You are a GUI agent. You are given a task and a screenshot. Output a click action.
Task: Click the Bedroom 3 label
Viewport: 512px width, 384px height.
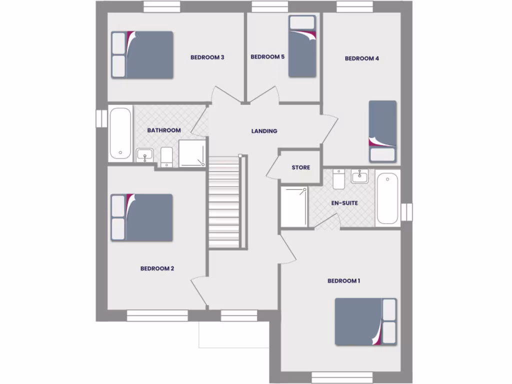207,57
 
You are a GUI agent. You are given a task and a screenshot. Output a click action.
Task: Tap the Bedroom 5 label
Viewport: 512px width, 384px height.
267,57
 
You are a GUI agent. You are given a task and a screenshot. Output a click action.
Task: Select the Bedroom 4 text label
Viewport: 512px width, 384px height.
362,58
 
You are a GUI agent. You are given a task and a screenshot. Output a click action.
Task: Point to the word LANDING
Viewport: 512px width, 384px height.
264,131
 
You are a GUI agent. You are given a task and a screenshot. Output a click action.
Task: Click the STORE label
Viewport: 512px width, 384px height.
300,167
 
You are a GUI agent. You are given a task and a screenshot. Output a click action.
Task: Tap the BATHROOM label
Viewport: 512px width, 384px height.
164,130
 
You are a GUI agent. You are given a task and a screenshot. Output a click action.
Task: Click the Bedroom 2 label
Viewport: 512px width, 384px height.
157,268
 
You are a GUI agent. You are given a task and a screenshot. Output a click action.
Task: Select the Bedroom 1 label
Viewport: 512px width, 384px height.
343,281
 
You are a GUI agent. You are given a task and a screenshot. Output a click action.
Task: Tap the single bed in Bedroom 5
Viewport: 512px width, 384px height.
302,46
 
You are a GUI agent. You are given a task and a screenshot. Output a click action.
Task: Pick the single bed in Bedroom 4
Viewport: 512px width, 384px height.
382,131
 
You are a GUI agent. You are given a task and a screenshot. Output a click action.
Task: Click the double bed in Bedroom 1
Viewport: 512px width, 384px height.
365,321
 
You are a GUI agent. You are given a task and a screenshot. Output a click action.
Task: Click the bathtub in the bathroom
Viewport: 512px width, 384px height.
120,133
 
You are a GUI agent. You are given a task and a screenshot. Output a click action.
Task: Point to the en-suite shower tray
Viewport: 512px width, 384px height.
294,206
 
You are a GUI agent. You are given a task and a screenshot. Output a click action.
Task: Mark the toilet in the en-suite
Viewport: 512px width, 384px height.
338,179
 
